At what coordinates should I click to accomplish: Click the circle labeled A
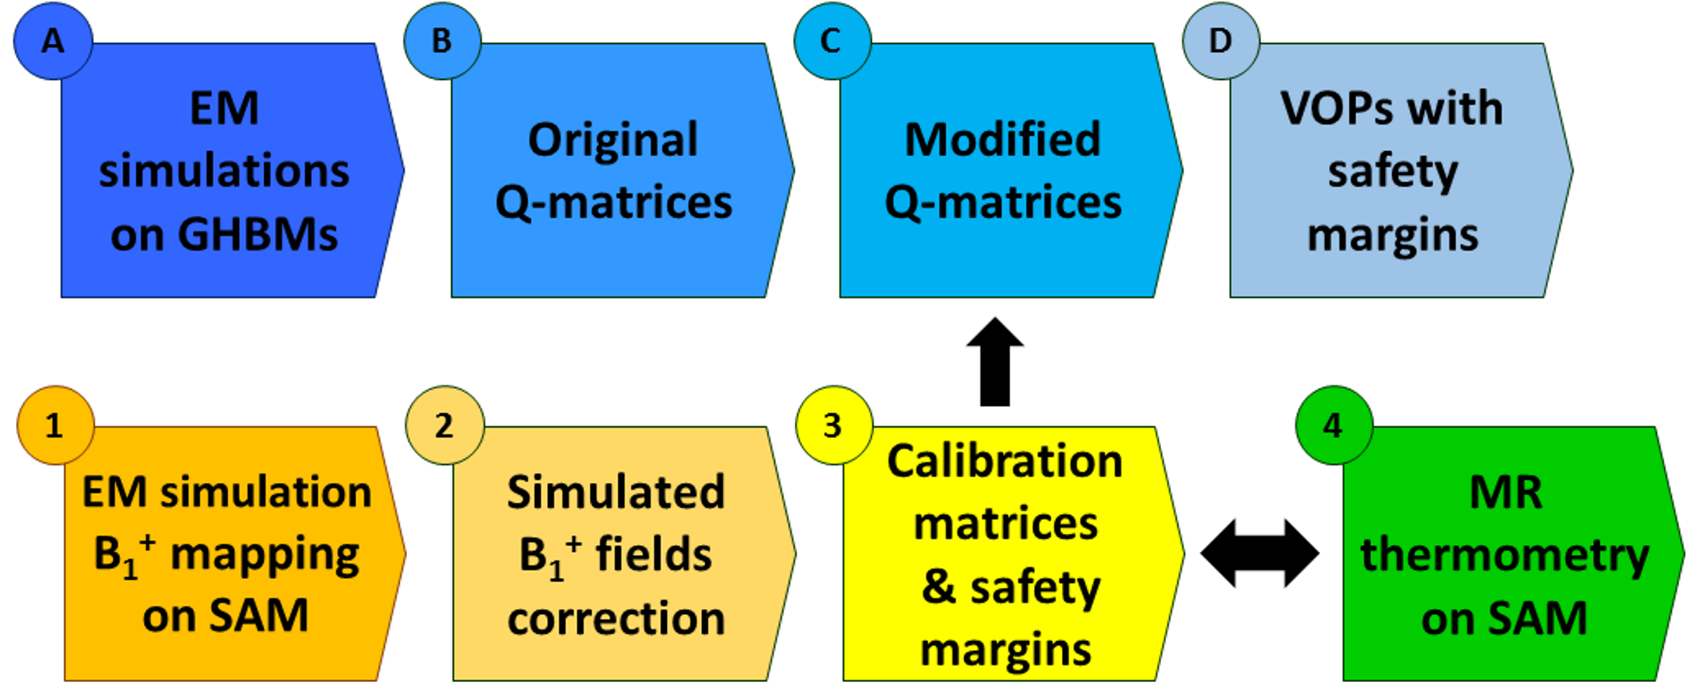coord(53,41)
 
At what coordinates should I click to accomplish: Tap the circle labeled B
coord(442,41)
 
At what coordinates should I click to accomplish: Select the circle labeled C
coord(832,41)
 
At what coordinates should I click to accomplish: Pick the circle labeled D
coord(1220,41)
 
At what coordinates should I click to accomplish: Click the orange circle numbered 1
coord(54,425)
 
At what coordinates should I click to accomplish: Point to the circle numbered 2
coord(445,425)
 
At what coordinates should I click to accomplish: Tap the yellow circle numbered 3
coord(833,425)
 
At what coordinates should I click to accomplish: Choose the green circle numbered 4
coord(1333,425)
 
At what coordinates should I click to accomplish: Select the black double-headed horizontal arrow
coord(1259,552)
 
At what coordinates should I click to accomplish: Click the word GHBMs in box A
coord(259,234)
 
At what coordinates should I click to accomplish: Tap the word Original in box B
coord(613,140)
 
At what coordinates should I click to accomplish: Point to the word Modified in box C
coord(1003,140)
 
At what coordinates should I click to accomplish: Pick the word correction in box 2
coord(617,619)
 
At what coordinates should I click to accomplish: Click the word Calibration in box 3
coord(1005,461)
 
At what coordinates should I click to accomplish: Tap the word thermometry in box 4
coord(1505,556)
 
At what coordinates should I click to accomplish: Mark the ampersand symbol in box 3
coord(939,588)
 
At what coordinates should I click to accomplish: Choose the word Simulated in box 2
coord(616,491)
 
